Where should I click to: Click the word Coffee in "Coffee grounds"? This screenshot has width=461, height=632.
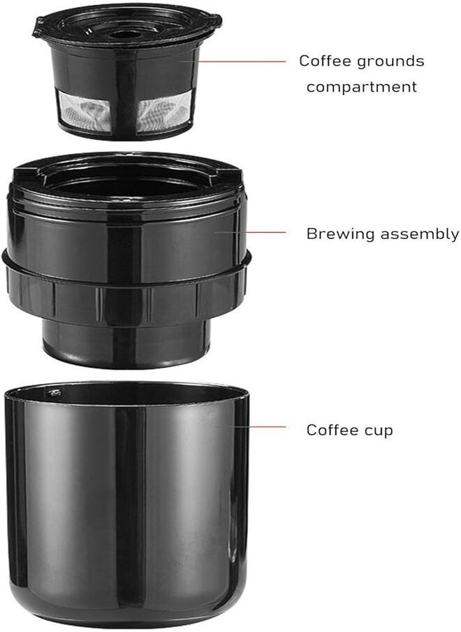326,61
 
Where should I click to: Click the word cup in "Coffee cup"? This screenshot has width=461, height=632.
378,431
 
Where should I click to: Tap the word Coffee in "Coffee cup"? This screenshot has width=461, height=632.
333,430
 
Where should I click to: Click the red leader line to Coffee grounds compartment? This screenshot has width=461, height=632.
233,62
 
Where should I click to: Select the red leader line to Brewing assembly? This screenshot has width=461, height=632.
250,232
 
